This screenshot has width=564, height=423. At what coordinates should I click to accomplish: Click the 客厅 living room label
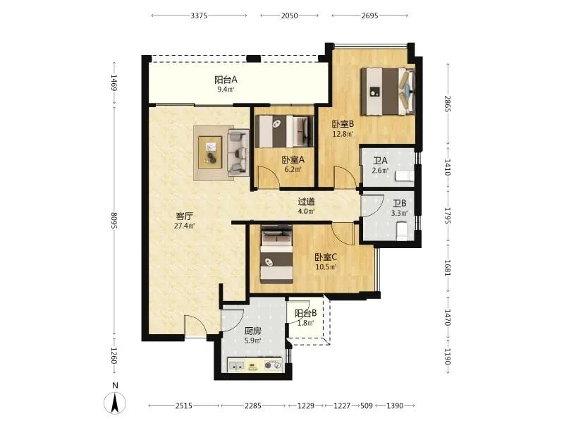tap(185, 216)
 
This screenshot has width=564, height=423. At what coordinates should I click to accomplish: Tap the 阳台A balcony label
tap(226, 80)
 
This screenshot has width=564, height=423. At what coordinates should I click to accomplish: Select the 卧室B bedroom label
tap(343, 124)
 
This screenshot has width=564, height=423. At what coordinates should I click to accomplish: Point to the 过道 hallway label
tap(307, 202)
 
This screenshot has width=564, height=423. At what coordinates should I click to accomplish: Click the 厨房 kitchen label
tap(253, 331)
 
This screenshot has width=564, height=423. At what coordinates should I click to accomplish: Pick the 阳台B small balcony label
tap(306, 313)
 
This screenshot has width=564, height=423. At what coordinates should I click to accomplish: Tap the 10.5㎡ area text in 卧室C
tap(326, 267)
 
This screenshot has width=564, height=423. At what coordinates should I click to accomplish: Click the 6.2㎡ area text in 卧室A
tap(293, 169)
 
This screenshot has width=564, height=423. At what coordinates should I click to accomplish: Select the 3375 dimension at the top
tap(199, 16)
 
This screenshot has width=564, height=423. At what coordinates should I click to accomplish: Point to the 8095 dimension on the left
tap(114, 220)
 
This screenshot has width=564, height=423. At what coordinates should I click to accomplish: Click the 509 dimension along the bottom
tap(367, 406)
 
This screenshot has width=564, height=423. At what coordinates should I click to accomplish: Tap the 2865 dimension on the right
tap(448, 104)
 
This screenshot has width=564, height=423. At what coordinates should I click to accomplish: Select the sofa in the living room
tap(238, 152)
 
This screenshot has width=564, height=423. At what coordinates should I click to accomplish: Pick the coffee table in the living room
tap(211, 152)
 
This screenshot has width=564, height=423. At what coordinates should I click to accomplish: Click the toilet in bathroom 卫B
tap(402, 231)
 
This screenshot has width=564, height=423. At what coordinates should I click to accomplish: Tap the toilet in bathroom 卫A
tap(405, 176)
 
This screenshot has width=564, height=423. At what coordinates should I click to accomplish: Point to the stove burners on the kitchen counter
tap(273, 365)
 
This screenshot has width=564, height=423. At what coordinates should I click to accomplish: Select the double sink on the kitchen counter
tap(237, 365)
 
